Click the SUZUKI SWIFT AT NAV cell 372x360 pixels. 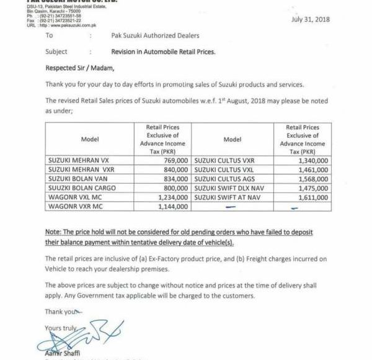click(x=226, y=196)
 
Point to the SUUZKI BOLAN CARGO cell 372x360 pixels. click(x=77, y=187)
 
